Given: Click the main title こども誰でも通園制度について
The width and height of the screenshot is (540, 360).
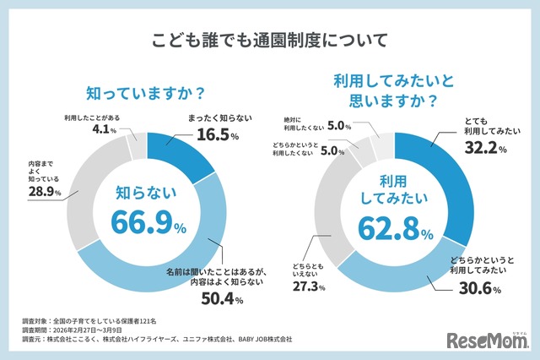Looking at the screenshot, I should click(x=269, y=41).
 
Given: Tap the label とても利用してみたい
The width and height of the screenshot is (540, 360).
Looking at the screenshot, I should click(x=489, y=127).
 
